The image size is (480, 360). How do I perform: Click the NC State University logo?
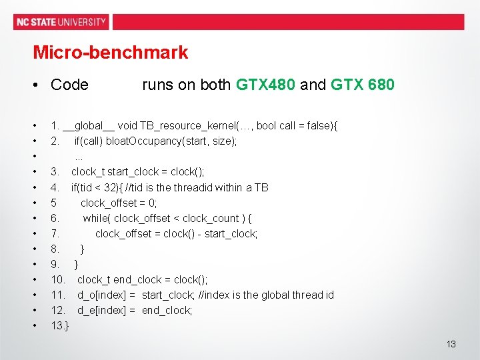61,21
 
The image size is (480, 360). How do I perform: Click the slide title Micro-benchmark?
111,52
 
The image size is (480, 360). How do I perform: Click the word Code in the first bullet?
69,85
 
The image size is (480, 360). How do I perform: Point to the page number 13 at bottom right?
451,344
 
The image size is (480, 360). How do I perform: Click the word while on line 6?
97,218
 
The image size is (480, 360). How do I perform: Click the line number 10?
58,279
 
